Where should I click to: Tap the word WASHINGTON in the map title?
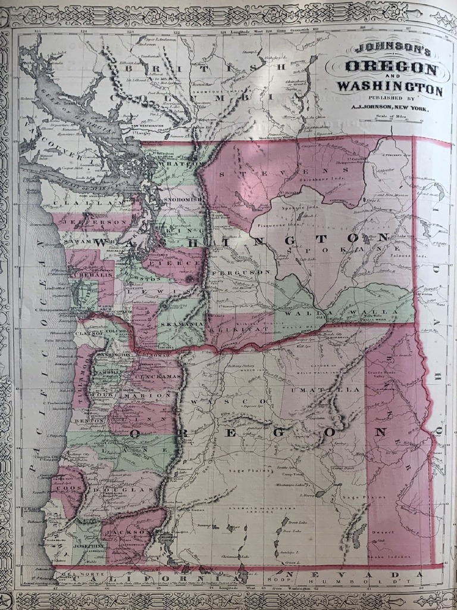pyautogui.click(x=390, y=89)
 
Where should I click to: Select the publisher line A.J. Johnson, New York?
pyautogui.click(x=390, y=108)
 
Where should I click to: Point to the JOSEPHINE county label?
pyautogui.click(x=87, y=545)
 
